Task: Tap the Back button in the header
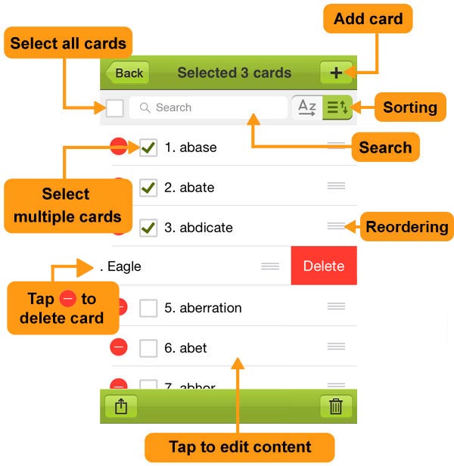(128, 73)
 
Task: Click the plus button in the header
(336, 73)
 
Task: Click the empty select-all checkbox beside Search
(115, 108)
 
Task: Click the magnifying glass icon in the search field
(145, 107)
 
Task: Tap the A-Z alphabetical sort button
(307, 107)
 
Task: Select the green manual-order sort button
(337, 107)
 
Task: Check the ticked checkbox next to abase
(148, 148)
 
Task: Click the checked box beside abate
(148, 188)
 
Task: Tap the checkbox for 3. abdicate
(148, 228)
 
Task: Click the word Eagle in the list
(124, 266)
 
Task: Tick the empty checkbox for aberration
(148, 308)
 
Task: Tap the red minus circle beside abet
(119, 347)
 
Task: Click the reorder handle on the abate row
(336, 186)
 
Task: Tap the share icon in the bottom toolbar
(121, 406)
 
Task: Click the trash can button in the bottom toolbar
(336, 406)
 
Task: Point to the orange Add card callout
(368, 19)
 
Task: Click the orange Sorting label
(410, 107)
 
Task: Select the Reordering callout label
(407, 227)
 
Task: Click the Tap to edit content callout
(240, 447)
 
